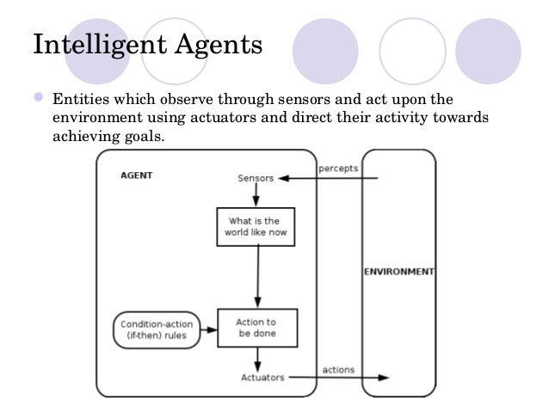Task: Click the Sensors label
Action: tap(255, 179)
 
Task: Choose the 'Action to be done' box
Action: tap(255, 327)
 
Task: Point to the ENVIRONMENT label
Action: tap(398, 272)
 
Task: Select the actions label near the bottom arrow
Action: tap(338, 370)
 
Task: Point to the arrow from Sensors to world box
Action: tap(256, 195)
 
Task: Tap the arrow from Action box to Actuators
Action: tap(256, 357)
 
